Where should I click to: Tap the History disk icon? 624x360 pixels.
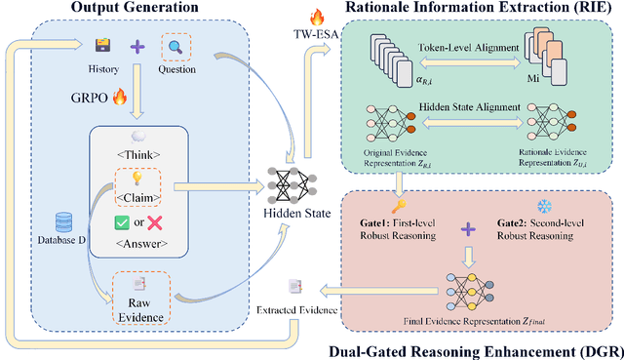pyautogui.click(x=101, y=46)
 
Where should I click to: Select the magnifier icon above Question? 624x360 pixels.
pyautogui.click(x=176, y=46)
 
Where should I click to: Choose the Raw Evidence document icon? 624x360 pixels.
pyautogui.click(x=139, y=282)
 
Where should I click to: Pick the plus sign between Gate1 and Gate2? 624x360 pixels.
pyautogui.click(x=470, y=230)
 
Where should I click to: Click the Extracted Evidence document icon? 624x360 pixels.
pyautogui.click(x=293, y=285)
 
